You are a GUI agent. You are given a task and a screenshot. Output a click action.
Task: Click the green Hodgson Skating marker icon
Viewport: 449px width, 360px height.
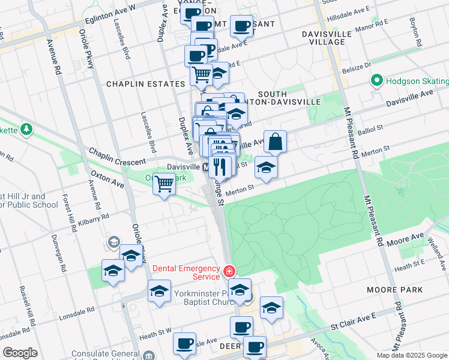point(377,80)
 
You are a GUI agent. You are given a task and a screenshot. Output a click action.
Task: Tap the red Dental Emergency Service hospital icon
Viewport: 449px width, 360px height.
point(229,271)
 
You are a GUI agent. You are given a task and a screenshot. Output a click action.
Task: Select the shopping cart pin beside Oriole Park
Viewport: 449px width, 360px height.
point(164,184)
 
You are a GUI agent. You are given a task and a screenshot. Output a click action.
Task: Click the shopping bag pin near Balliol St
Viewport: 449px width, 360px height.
point(275,142)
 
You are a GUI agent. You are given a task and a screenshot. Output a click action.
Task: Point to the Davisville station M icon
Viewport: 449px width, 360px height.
point(205,166)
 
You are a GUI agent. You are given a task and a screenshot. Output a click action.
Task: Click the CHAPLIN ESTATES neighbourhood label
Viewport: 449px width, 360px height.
point(145,84)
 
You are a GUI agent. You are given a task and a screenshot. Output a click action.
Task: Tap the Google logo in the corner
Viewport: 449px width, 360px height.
point(20,353)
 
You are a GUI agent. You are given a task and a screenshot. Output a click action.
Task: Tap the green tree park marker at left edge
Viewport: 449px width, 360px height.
point(26,129)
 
